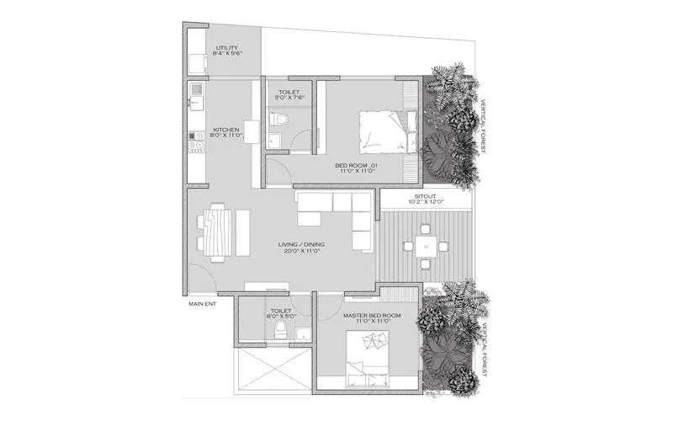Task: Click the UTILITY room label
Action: [227, 48]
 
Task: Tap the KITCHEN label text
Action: [228, 130]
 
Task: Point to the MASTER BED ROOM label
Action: [371, 315]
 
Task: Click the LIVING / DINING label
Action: [302, 246]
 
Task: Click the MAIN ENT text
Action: [202, 304]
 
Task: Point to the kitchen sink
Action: [194, 100]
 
